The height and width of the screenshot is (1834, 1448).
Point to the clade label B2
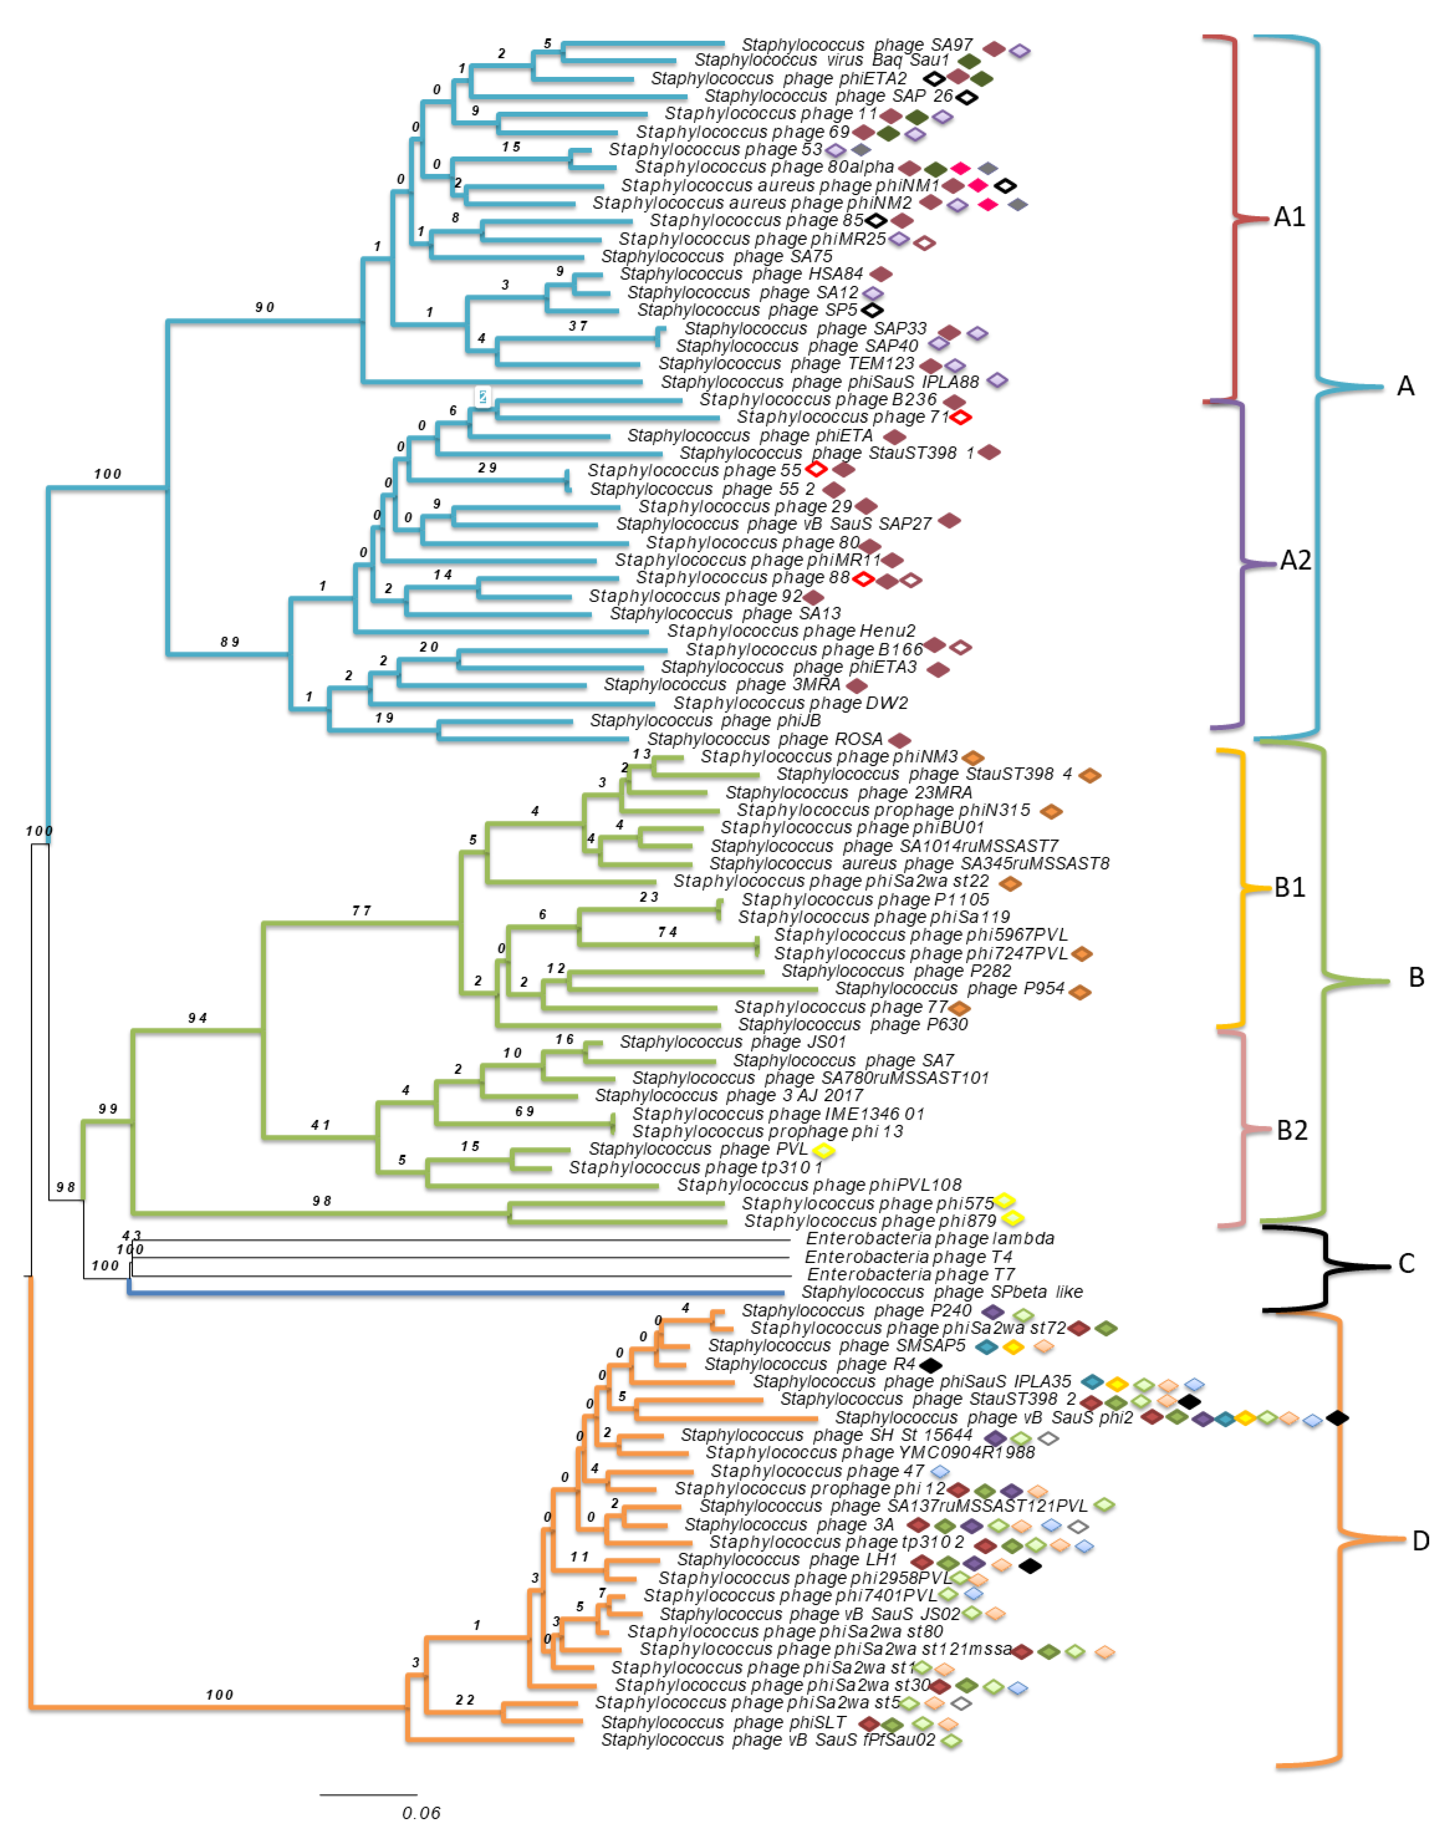pyautogui.click(x=1292, y=1129)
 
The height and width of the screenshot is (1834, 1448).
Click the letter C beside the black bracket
pyautogui.click(x=1406, y=1263)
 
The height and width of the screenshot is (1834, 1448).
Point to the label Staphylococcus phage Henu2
pyautogui.click(x=791, y=631)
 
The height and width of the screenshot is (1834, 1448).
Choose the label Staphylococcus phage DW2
pyautogui.click(x=790, y=703)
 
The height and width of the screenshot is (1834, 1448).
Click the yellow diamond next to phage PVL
pyautogui.click(x=823, y=1150)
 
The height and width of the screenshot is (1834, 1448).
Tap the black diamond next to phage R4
pyautogui.click(x=930, y=1365)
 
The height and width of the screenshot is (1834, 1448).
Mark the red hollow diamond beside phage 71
pyautogui.click(x=961, y=417)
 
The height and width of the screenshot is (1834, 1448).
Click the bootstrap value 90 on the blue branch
pyautogui.click(x=265, y=307)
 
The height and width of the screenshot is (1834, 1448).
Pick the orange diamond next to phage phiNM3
pyautogui.click(x=972, y=757)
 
